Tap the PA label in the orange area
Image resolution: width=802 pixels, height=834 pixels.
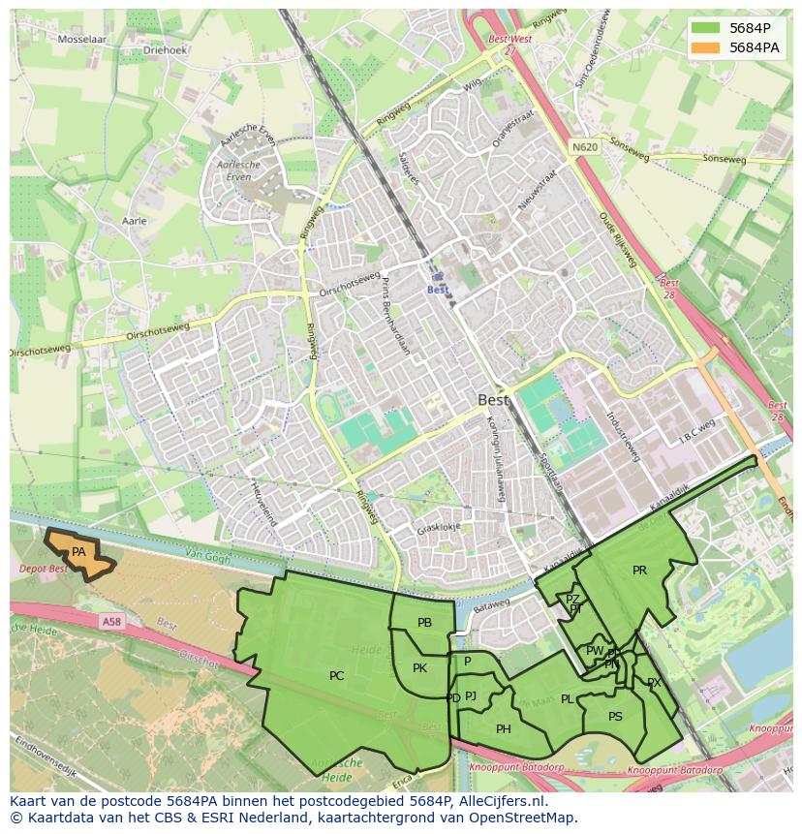click(78, 552)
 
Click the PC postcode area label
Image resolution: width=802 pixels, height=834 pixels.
click(336, 676)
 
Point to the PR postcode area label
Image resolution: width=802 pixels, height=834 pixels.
click(639, 571)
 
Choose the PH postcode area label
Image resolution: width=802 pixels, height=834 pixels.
click(503, 729)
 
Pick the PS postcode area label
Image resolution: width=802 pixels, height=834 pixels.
click(615, 717)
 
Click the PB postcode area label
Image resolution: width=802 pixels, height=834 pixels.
click(424, 623)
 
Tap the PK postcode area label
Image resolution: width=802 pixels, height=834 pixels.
click(419, 668)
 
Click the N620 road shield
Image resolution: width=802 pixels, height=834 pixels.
click(584, 147)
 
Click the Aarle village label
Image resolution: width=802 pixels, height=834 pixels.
click(135, 221)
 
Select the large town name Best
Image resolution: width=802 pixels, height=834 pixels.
click(493, 399)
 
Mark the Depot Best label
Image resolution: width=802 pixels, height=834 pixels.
click(44, 569)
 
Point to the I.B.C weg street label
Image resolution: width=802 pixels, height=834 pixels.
click(696, 429)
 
